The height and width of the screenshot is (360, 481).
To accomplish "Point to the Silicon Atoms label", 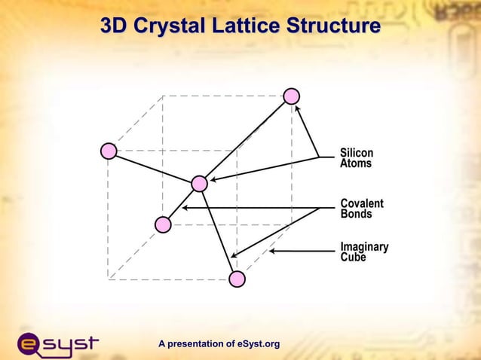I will coord(356,158).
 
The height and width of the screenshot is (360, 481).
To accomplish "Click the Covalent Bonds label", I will coord(362,209).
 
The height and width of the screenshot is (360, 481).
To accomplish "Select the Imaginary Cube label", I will coord(364,252).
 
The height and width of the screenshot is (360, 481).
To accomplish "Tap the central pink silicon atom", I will coord(199,184).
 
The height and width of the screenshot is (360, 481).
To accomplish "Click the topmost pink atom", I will coord(292,96).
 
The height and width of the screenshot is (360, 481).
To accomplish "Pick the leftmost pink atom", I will coord(109,151).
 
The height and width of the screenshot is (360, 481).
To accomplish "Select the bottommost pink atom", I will coord(237,279).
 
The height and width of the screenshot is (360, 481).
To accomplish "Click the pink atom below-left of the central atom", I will coord(163,224).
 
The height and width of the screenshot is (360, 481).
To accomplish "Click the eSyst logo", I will coord(57,344).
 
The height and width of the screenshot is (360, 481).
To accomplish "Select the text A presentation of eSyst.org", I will coord(219,344).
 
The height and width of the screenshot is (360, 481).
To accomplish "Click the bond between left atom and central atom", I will coord(154,167).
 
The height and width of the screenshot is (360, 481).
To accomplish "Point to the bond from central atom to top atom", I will coord(245,140).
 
